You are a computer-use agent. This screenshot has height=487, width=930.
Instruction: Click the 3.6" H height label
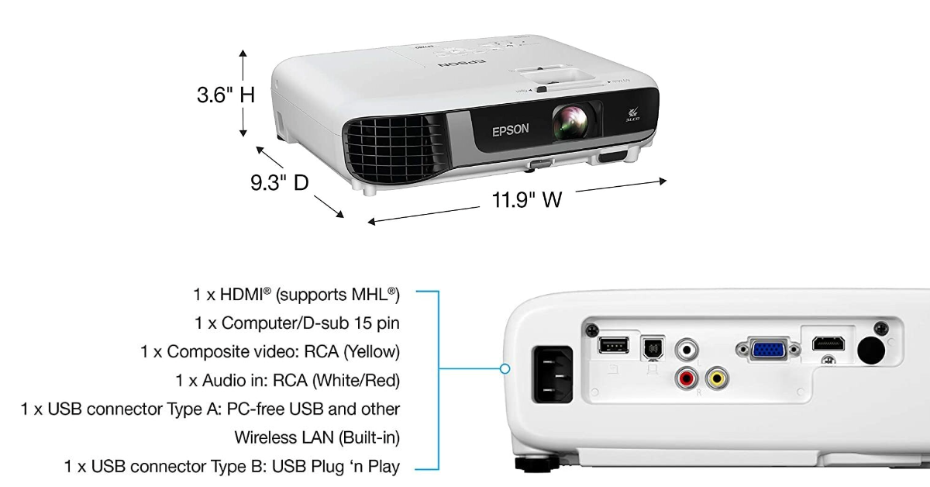225,95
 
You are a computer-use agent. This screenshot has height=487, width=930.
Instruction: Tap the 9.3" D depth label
279,183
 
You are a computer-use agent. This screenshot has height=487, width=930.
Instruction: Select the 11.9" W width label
527,200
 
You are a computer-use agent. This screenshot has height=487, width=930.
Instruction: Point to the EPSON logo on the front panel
511,130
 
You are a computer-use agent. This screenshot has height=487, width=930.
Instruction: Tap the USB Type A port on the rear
610,344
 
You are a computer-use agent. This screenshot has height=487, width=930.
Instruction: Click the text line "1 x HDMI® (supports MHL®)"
296,295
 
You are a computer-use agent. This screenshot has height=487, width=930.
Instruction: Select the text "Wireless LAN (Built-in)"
317,437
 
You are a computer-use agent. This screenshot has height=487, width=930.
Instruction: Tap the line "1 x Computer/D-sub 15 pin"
297,323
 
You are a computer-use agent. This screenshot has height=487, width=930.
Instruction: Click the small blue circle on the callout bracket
505,369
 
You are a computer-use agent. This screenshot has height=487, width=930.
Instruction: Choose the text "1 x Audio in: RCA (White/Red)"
288,380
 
